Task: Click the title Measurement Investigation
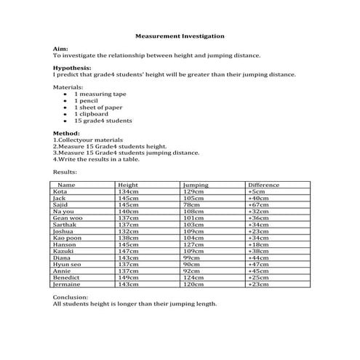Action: coord(180,35)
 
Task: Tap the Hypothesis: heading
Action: coord(73,68)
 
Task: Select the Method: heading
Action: coord(67,134)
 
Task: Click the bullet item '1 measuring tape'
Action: coord(100,95)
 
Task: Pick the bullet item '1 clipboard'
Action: coord(91,114)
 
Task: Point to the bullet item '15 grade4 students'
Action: coord(103,121)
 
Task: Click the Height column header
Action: coord(128,185)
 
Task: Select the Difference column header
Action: coord(263,185)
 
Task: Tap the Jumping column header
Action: coord(196,185)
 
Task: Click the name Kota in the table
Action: coord(60,192)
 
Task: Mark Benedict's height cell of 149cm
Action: coord(128,277)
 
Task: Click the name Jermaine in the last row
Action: coord(66,284)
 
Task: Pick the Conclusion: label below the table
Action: coord(71,297)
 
